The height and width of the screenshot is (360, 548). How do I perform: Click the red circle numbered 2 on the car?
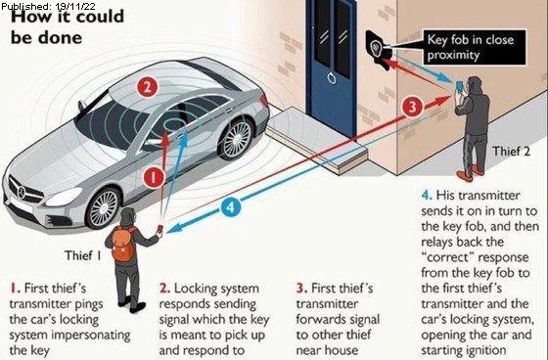point(147,86)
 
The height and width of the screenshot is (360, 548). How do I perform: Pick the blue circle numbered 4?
point(229,206)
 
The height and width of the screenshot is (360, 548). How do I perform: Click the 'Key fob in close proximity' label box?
point(467,47)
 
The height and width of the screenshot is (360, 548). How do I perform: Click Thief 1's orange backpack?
point(122,247)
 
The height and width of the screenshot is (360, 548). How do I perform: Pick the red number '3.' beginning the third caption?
point(300,290)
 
